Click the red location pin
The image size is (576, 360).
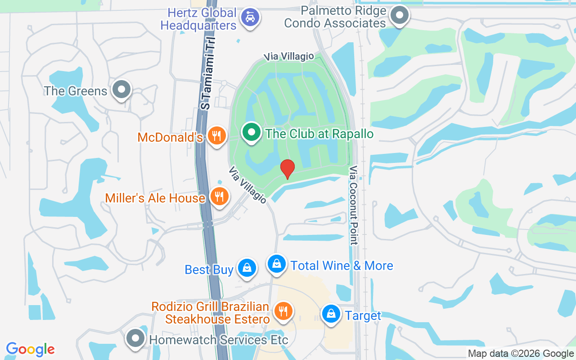[x=287, y=168]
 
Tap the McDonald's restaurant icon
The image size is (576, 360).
[x=217, y=135]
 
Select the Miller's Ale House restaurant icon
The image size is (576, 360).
[x=219, y=196]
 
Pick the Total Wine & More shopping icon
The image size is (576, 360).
[x=277, y=263]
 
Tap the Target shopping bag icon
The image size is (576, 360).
[x=331, y=314]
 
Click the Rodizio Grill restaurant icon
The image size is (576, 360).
[x=283, y=311]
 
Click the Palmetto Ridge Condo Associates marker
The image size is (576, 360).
[x=399, y=16]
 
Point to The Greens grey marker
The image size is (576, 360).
[x=121, y=89]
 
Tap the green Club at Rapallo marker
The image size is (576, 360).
[x=252, y=133]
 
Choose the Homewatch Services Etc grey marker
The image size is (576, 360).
[x=135, y=338]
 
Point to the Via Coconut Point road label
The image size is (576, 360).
[x=354, y=205]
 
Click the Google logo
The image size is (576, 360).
[x=31, y=349]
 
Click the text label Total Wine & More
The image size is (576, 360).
[x=342, y=265]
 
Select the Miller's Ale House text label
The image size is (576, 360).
[x=155, y=198]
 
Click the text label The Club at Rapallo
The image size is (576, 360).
[x=319, y=134]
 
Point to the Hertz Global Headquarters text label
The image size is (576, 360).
[x=198, y=19]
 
